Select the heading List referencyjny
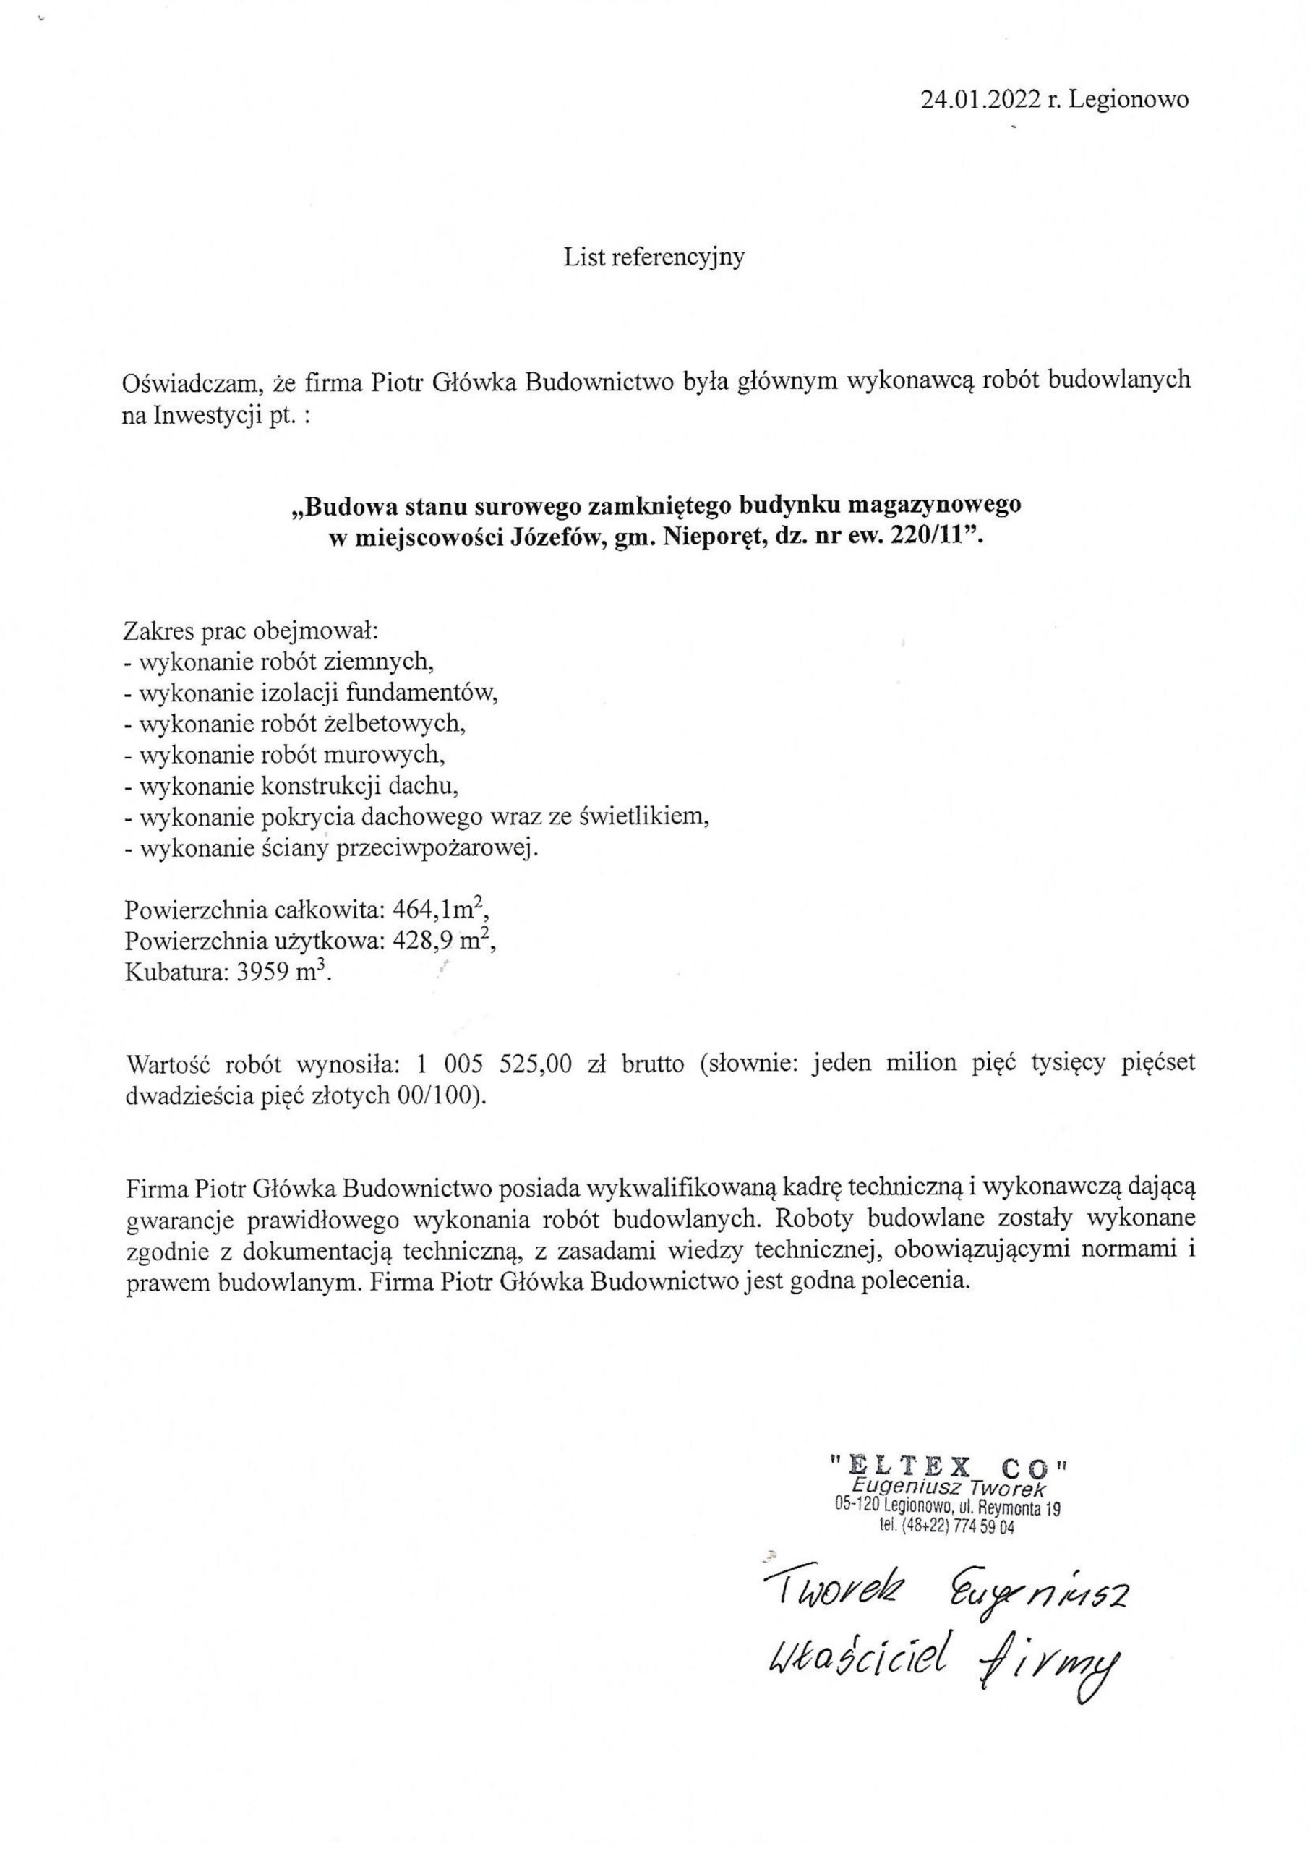tap(654, 257)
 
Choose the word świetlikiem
tap(643, 817)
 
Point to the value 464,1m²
tap(440, 910)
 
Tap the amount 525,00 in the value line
tap(535, 1064)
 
